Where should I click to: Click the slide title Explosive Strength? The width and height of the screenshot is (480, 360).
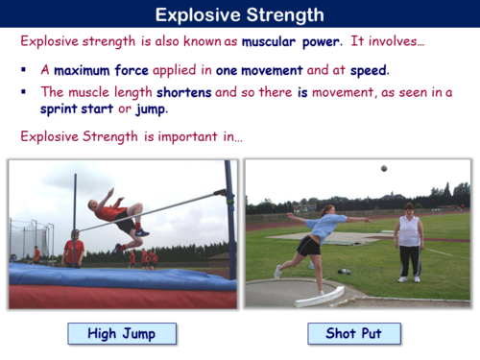239,14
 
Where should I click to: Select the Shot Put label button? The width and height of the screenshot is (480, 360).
354,334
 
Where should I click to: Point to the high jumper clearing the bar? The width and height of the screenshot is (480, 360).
120,213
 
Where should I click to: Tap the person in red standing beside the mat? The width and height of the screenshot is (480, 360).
73,250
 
